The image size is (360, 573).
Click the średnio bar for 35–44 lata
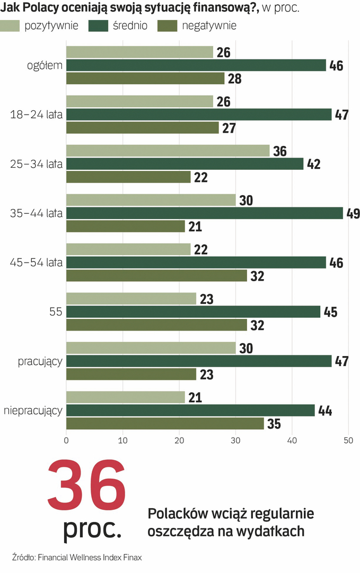205,213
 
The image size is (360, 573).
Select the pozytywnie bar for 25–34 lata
168,151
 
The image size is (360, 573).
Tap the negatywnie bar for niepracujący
165,423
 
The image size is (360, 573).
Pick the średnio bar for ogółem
196,65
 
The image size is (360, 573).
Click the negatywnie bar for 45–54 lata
156,275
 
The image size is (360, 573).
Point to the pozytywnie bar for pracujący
151,348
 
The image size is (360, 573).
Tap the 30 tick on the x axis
235,440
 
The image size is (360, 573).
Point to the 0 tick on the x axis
66,440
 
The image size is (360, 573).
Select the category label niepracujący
33,410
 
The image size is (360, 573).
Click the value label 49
353,214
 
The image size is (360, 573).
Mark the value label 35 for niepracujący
273,424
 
